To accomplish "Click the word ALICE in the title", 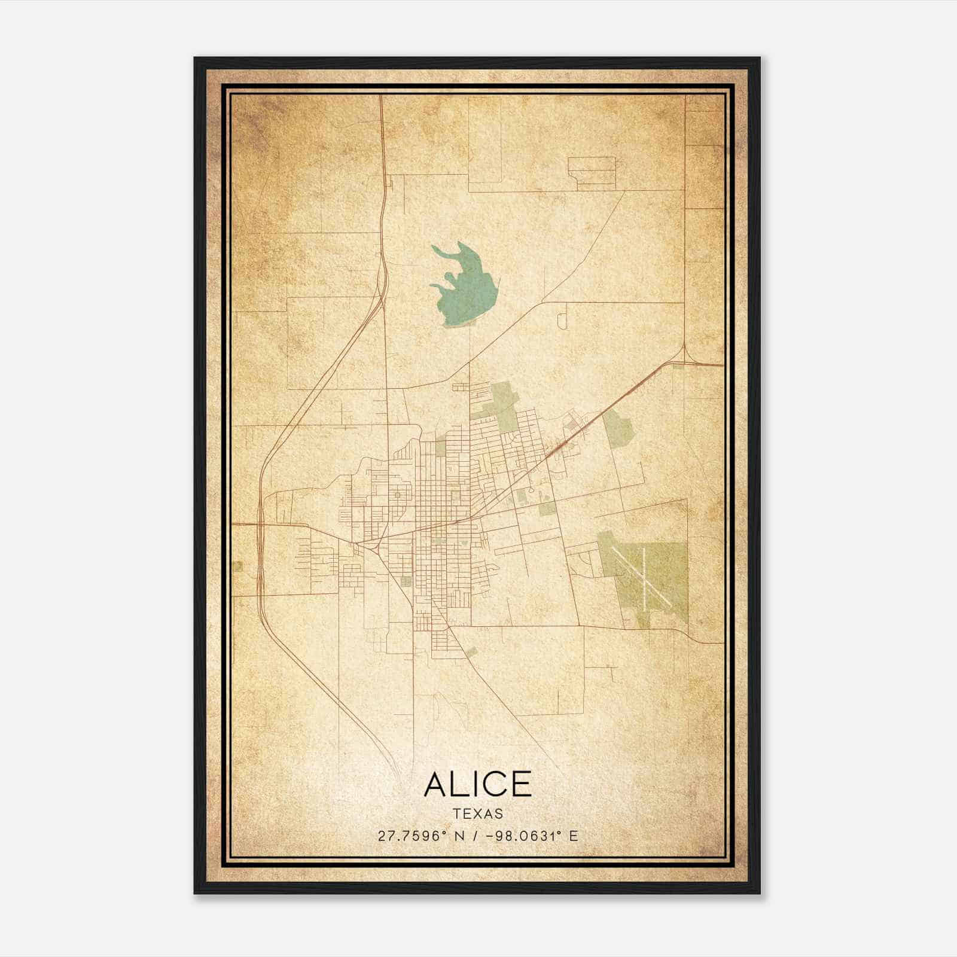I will point(477,784).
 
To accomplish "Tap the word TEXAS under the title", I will point(478,813).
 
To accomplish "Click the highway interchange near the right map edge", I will point(684,359).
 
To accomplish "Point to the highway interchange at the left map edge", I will point(260,525).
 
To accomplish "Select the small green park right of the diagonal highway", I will point(618,426).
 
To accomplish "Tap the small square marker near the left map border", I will point(239,566).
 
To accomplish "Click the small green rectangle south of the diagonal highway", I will point(547,509).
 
